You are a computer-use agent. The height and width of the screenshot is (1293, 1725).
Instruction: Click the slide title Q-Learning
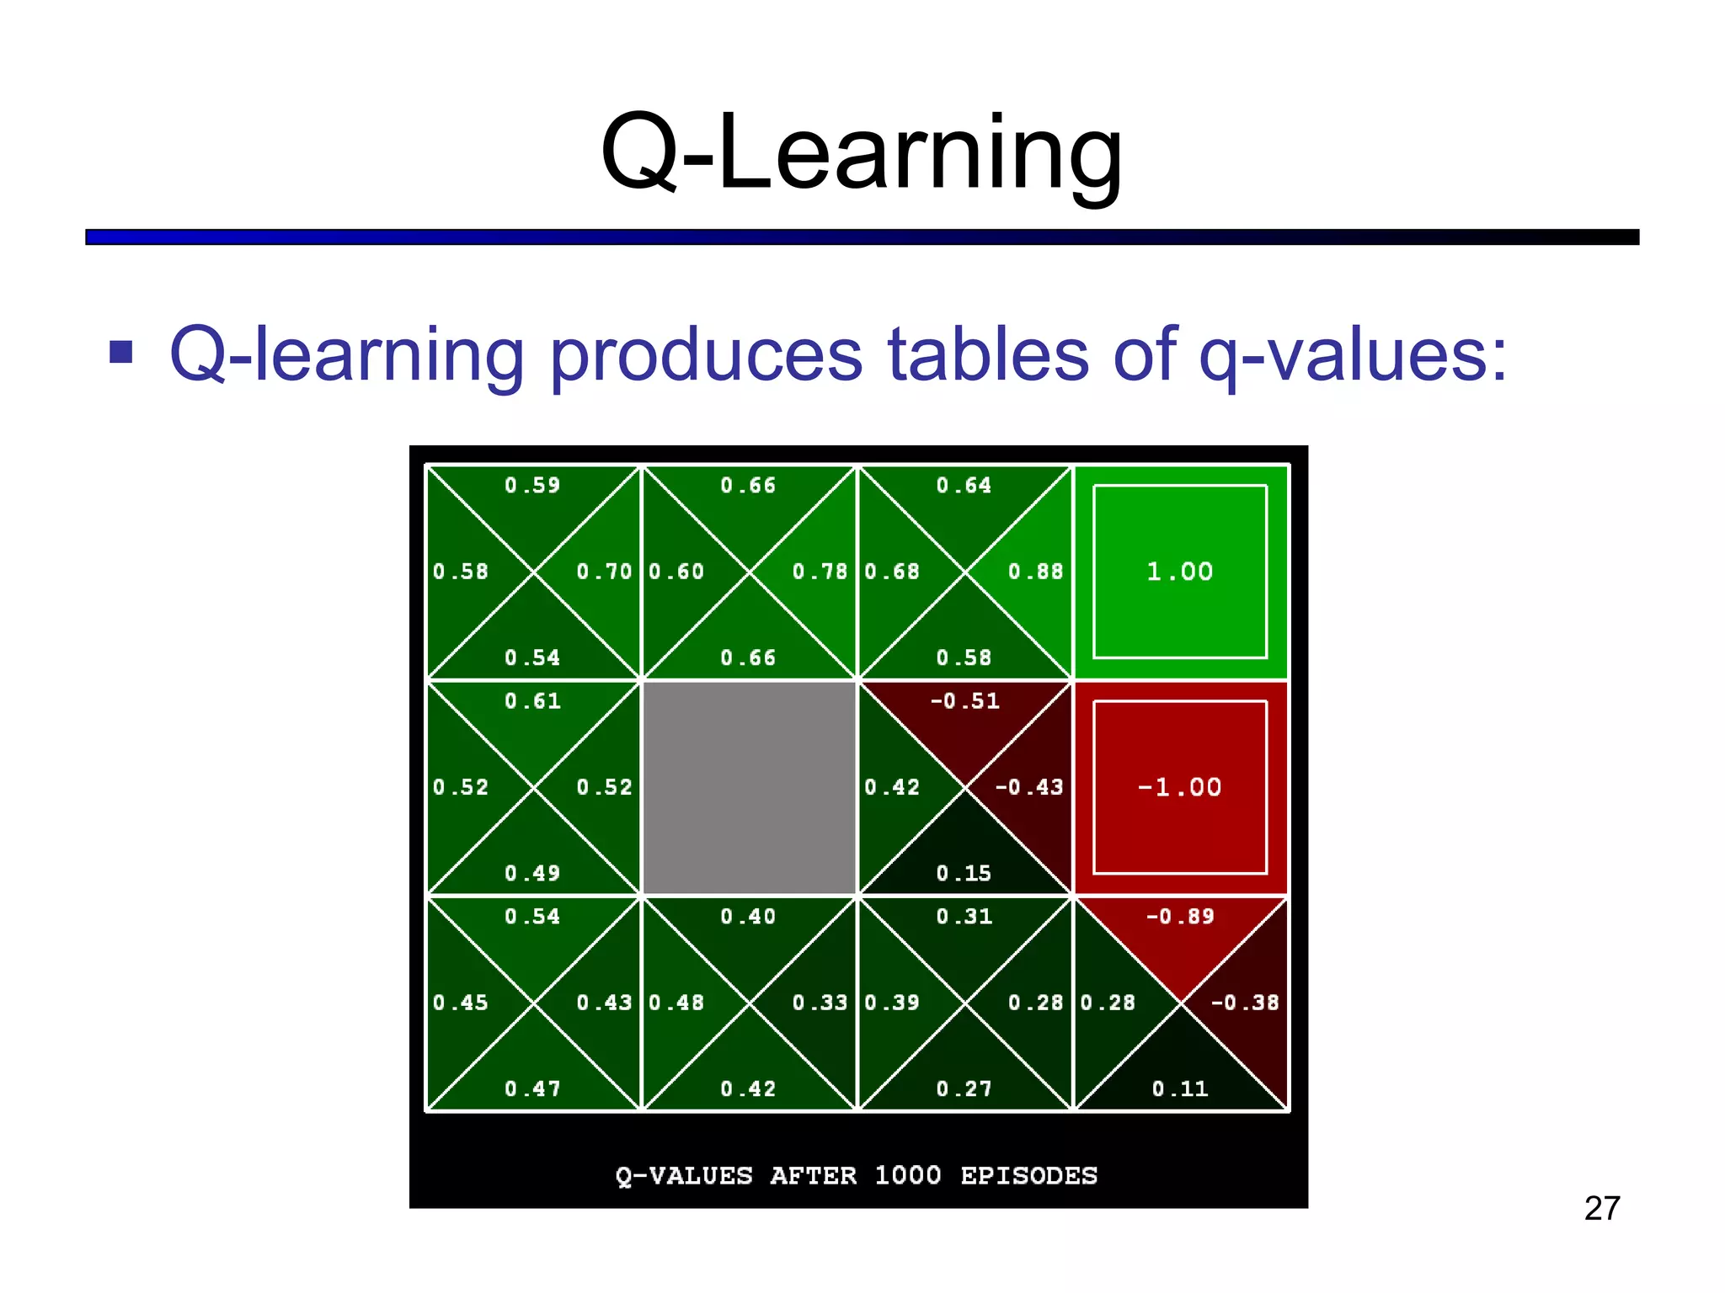[861, 153]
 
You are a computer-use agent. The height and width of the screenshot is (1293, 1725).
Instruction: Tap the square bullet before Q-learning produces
[121, 353]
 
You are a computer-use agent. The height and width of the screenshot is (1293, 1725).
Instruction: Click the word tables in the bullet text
[988, 354]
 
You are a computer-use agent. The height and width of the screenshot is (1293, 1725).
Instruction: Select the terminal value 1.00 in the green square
[1179, 572]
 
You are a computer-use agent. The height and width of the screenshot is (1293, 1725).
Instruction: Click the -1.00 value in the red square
[1179, 788]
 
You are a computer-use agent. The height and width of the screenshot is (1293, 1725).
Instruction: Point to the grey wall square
[749, 788]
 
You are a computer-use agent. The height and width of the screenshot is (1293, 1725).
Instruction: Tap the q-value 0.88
[1035, 572]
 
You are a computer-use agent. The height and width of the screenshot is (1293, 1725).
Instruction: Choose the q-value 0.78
[820, 572]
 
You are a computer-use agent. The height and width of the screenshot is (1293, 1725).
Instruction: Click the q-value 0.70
[604, 572]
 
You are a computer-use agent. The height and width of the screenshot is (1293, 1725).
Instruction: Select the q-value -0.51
[964, 701]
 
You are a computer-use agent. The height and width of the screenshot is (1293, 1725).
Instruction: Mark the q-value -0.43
[1028, 788]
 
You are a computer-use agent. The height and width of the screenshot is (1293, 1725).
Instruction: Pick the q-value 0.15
[964, 874]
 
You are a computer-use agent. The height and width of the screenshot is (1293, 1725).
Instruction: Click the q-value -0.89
[1180, 917]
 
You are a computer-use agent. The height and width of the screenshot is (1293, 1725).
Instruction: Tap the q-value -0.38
[1244, 1003]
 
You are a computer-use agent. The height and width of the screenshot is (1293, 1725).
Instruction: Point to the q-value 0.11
[1179, 1089]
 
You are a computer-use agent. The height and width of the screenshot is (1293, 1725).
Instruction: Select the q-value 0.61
[532, 701]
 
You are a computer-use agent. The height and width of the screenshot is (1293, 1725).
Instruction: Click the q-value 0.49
[532, 874]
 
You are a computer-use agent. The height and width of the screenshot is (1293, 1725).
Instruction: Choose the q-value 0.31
[964, 917]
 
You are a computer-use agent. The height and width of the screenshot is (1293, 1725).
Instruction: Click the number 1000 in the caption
[907, 1175]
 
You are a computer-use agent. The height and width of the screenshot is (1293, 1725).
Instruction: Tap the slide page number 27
[1601, 1209]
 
